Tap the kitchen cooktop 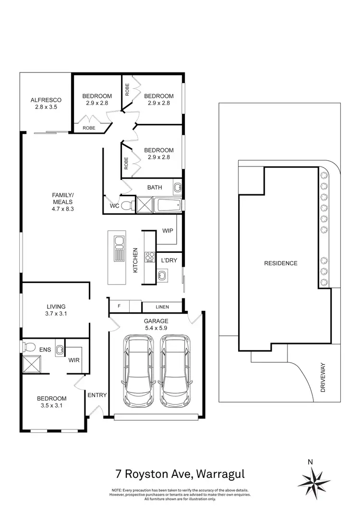150,258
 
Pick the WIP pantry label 168,231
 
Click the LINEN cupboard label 161,307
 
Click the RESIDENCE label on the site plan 281,263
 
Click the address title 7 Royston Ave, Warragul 180,474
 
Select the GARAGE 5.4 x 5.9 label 156,325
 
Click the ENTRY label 97,395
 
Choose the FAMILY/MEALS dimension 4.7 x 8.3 63,209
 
